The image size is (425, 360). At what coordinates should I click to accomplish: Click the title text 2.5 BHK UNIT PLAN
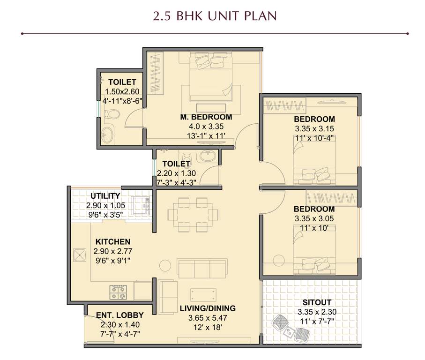(214, 16)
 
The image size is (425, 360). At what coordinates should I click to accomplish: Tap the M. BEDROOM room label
(206, 117)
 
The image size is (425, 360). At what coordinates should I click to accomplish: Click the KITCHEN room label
(113, 241)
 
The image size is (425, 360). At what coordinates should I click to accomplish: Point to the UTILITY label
(105, 195)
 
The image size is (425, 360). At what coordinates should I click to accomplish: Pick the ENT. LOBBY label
(119, 315)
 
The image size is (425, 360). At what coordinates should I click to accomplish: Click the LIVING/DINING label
(208, 308)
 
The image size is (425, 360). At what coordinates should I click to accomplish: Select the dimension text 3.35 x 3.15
(314, 128)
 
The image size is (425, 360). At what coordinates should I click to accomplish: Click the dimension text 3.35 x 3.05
(314, 218)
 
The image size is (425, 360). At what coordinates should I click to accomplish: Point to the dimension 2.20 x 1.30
(176, 173)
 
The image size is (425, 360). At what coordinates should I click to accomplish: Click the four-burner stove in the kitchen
(119, 292)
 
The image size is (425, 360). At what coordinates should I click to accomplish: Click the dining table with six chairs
(193, 214)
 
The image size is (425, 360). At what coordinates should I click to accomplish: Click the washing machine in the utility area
(139, 204)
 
